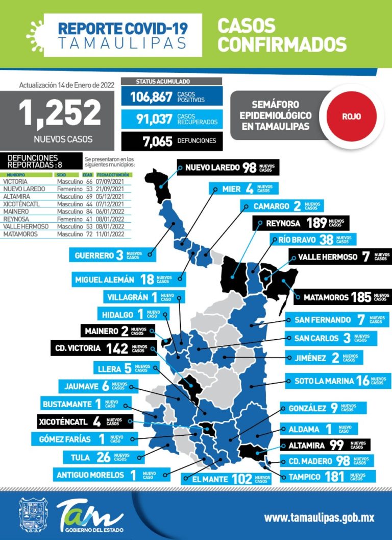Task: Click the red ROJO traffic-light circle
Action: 351,116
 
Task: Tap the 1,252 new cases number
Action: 60,113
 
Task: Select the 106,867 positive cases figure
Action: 151,97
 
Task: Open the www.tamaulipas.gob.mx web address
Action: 319,518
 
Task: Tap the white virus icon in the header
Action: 35,30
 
